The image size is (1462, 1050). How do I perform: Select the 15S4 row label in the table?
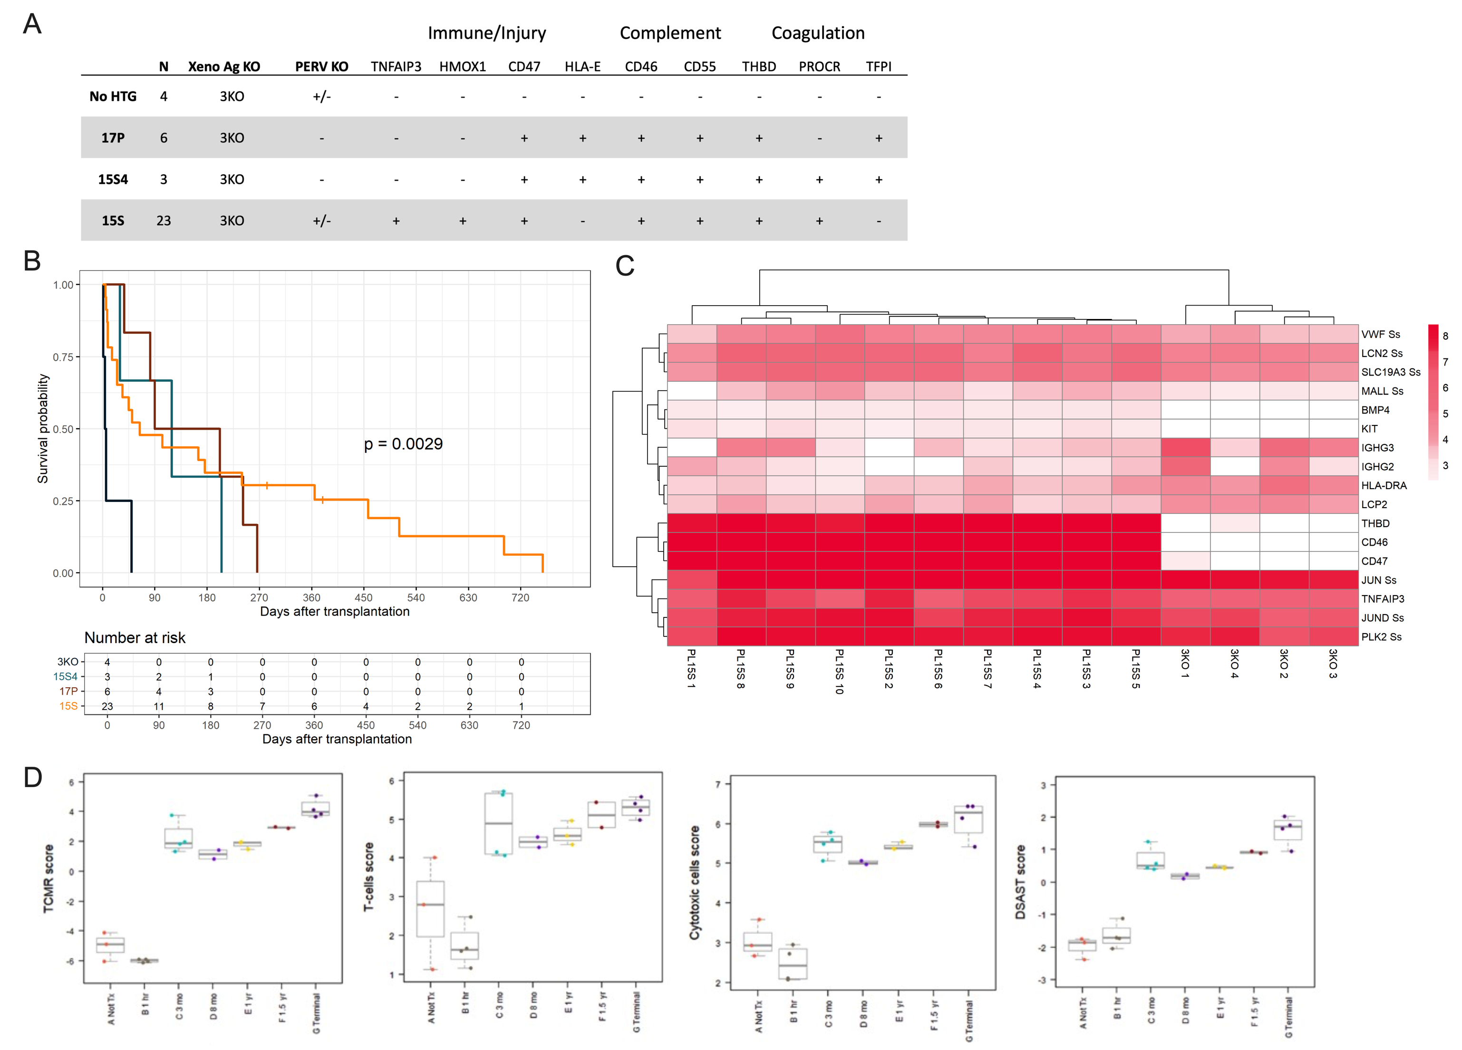(113, 179)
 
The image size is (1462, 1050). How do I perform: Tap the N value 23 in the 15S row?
(164, 221)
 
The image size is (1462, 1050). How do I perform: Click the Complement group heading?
(670, 33)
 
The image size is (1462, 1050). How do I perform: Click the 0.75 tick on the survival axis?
(63, 357)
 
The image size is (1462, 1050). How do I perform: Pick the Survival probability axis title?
(42, 429)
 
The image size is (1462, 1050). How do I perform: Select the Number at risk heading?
(135, 637)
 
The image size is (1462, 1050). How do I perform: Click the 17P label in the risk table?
(68, 691)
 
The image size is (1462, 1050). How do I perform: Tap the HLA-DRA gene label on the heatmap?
(1384, 485)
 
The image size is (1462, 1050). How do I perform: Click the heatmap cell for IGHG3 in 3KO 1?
(1185, 447)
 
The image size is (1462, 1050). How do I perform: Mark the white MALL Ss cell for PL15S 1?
(692, 391)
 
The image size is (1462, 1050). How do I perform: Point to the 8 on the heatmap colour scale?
(1445, 336)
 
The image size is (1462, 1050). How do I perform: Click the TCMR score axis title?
(48, 878)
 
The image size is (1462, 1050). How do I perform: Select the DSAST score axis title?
(1020, 882)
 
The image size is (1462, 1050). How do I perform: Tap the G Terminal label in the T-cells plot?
(636, 1012)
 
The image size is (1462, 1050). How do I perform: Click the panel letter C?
(625, 266)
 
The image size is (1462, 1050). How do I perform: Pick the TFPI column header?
(878, 67)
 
